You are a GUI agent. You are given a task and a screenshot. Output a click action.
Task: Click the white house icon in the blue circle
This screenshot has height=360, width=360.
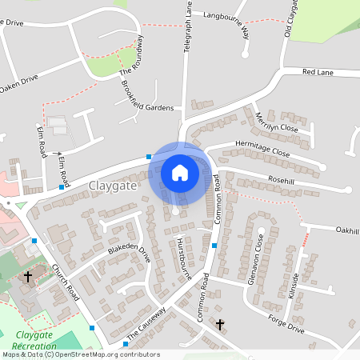pos(180,172)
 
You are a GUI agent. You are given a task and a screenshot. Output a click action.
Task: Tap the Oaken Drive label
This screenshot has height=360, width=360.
pos(18,83)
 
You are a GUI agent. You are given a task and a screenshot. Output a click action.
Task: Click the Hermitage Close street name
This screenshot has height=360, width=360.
pos(262,149)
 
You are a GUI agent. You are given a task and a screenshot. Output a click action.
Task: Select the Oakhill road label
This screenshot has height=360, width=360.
pos(347,230)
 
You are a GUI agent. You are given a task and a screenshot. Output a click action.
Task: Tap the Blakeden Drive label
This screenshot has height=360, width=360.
pos(129,253)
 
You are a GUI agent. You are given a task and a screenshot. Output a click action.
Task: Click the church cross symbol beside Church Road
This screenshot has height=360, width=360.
pos(28,277)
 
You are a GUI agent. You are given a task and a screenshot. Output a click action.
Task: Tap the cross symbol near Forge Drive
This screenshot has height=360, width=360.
pos(221,325)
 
